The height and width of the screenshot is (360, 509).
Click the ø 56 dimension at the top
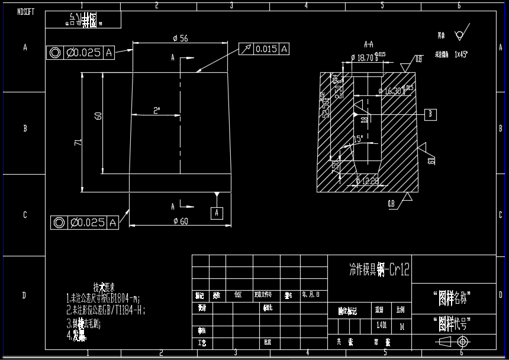pos(181,38)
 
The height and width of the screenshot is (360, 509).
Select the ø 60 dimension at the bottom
pos(180,221)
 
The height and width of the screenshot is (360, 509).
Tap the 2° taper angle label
pos(157,111)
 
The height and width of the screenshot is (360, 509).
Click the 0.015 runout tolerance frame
pos(265,49)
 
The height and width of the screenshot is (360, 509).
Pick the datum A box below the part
pos(217,211)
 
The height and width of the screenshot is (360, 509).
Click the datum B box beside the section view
pos(431,113)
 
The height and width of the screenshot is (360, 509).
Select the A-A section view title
pos(369,44)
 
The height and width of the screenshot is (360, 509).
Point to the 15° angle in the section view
pos(357,139)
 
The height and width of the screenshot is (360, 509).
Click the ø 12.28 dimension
pos(369,181)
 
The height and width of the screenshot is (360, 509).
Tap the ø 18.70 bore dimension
pos(365,58)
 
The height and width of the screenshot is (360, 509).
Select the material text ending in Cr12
pos(379,271)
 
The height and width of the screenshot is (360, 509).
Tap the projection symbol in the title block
pos(455,342)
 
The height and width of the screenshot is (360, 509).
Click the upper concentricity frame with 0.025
pos(81,53)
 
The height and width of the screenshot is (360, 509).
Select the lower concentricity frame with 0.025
pos(85,223)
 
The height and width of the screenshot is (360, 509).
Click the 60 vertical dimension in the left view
pos(98,115)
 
